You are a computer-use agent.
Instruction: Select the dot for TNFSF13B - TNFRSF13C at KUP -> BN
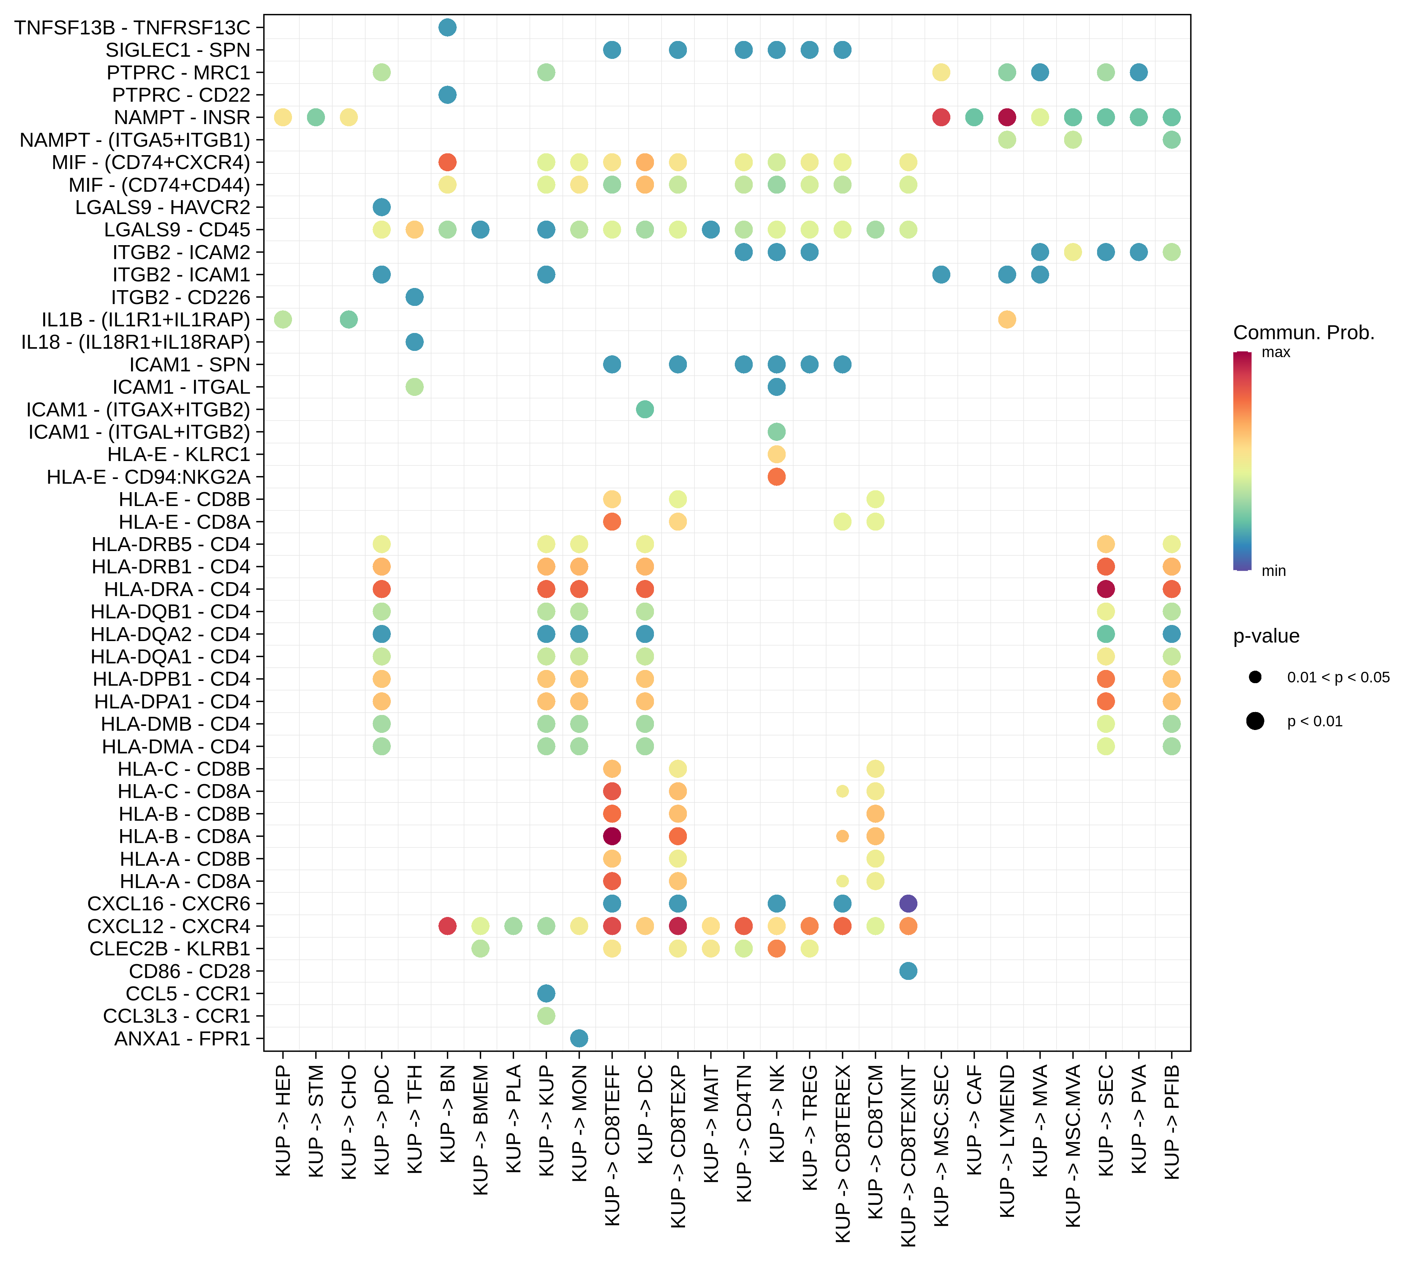coord(448,28)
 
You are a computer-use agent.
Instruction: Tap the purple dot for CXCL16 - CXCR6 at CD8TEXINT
coord(908,903)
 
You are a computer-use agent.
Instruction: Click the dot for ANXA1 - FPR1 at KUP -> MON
coord(579,1038)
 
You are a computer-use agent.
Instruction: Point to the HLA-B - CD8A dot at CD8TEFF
coord(612,836)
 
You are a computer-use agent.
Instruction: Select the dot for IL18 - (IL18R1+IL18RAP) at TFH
coord(414,342)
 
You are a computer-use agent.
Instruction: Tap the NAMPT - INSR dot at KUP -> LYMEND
coord(1007,117)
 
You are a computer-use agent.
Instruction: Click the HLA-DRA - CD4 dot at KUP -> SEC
coord(1106,589)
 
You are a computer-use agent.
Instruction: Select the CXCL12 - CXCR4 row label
coord(169,926)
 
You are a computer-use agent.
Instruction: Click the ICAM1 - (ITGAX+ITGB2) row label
coord(138,409)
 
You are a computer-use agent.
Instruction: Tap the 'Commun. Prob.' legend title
coord(1303,333)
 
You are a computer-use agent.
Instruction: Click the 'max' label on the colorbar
coord(1276,352)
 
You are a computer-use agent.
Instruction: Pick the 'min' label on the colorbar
coord(1274,571)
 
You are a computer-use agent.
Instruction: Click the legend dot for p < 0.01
coord(1255,722)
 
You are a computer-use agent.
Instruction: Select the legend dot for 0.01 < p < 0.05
coord(1255,677)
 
